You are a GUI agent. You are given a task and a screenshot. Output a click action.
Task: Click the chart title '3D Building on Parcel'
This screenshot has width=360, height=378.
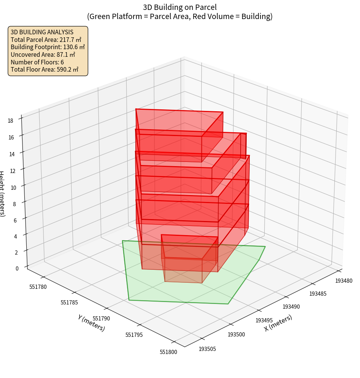click(180, 7)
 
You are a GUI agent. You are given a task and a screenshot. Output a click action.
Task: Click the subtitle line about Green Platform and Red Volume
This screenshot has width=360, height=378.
click(180, 16)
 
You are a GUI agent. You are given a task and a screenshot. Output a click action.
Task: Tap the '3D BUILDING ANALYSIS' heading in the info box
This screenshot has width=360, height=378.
click(42, 32)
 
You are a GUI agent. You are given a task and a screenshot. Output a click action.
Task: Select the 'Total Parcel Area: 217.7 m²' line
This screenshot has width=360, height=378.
click(46, 40)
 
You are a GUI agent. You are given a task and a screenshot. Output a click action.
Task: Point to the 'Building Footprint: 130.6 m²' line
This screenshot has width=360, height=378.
click(48, 47)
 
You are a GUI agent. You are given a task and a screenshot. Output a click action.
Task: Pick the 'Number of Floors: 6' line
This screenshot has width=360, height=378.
click(37, 62)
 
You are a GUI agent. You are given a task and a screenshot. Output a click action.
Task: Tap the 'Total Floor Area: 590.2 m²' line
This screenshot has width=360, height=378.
click(45, 69)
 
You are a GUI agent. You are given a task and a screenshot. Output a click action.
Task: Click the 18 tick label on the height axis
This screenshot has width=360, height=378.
click(10, 121)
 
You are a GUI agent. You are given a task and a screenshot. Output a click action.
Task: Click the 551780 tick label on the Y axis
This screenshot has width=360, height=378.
click(38, 287)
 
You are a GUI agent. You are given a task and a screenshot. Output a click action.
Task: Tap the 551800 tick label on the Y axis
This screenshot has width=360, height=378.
click(168, 352)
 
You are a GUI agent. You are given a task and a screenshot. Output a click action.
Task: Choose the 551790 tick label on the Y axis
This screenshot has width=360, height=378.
click(101, 319)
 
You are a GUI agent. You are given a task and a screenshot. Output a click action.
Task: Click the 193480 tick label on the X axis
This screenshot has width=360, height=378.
click(344, 281)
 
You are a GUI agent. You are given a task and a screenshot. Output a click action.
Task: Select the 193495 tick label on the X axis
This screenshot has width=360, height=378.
click(264, 320)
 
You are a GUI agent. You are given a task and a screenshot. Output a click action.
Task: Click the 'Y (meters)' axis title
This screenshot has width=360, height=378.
click(92, 323)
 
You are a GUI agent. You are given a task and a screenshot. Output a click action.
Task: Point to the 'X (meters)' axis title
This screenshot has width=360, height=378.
click(278, 323)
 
